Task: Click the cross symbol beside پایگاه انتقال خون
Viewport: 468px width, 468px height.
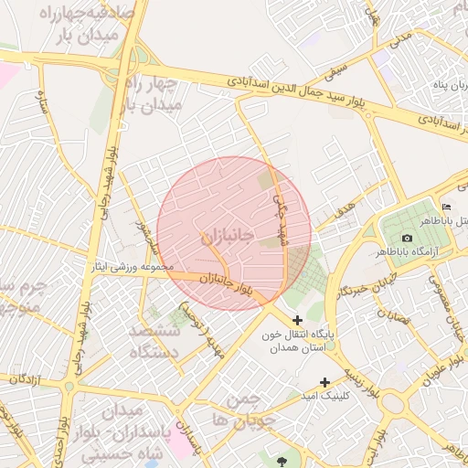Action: click(x=297, y=320)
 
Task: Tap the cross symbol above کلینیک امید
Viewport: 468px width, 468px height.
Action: click(x=324, y=382)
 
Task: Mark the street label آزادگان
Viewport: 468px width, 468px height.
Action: click(x=27, y=377)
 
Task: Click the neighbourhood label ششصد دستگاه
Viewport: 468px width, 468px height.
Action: click(x=153, y=340)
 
